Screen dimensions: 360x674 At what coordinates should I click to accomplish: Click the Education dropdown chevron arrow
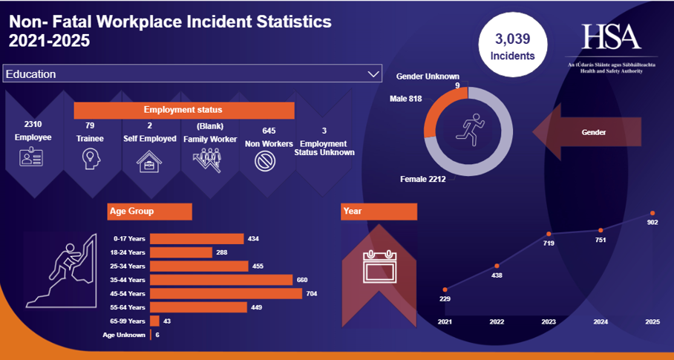point(373,74)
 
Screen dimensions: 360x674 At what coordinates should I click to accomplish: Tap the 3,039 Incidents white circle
point(511,46)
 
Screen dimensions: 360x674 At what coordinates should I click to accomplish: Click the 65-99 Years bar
point(154,321)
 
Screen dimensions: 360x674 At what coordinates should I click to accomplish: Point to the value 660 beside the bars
point(302,280)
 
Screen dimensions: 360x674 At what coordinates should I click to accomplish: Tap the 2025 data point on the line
point(652,213)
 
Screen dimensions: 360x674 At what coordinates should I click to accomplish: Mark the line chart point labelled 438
point(497,266)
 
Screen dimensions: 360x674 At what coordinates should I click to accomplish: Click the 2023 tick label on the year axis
point(549,322)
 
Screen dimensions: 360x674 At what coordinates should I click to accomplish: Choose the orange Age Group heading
point(149,212)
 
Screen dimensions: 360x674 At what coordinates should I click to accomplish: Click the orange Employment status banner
point(183,110)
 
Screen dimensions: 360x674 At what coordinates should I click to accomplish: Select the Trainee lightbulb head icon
point(91,158)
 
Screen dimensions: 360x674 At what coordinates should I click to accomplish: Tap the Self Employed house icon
point(150,160)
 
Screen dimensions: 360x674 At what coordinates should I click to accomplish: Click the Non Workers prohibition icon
point(265,160)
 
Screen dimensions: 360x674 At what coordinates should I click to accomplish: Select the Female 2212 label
point(422,179)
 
